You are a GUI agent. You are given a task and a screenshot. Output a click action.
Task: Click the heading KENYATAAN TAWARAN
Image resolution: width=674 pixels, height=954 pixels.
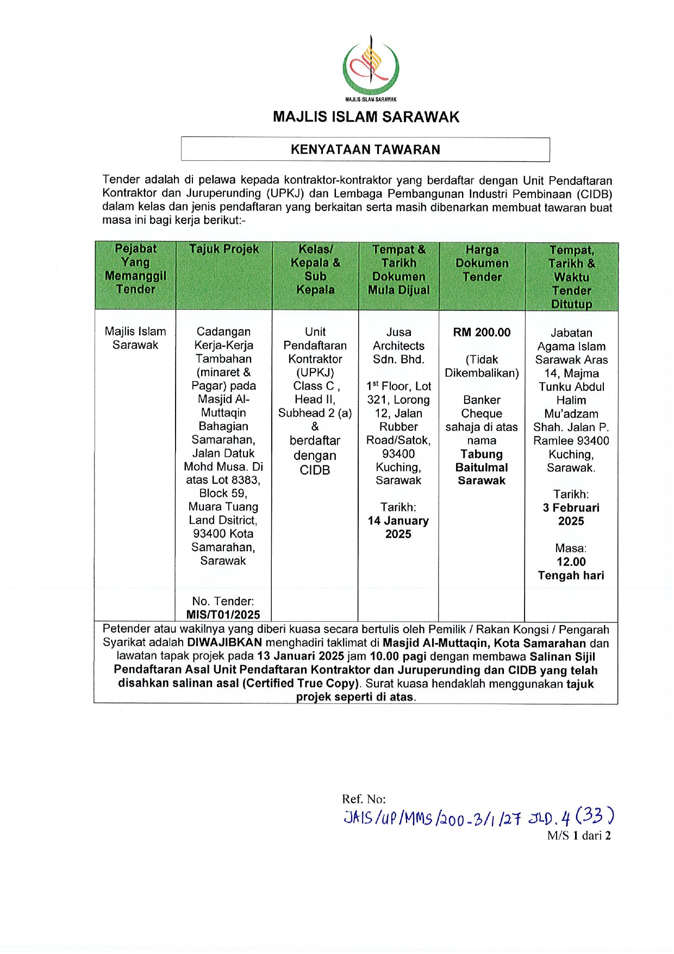tap(365, 149)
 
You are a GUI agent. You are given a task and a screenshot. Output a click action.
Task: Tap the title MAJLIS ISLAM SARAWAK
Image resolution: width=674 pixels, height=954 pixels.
tap(366, 117)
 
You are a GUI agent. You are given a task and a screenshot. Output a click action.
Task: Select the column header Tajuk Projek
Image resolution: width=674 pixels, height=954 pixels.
tap(224, 250)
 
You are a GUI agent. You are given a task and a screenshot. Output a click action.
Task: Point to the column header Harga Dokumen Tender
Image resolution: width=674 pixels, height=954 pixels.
tap(482, 263)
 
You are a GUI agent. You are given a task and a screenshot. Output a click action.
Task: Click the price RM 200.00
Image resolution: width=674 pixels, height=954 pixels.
tap(482, 332)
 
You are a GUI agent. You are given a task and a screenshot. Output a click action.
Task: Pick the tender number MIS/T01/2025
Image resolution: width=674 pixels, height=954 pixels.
tap(223, 615)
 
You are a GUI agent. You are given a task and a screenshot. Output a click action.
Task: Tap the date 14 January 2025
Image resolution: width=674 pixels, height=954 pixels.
tap(398, 527)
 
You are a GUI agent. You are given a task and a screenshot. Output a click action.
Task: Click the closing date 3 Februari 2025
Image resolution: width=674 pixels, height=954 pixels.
tap(571, 514)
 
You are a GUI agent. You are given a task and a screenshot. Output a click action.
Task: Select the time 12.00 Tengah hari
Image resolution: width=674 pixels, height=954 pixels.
tap(571, 569)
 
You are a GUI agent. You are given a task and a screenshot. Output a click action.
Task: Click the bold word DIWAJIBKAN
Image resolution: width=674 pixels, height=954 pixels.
tap(224, 643)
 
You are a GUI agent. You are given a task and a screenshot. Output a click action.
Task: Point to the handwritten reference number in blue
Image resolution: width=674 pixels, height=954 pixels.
tap(479, 818)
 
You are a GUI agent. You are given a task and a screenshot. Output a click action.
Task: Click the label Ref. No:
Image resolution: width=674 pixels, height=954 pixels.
tap(364, 799)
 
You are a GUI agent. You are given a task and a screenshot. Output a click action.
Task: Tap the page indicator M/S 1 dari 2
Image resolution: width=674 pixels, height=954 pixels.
tap(579, 836)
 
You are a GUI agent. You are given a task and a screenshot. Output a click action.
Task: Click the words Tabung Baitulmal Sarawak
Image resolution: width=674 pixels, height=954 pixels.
tap(482, 467)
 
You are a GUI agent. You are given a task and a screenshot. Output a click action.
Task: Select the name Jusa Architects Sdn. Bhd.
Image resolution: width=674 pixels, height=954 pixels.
tap(398, 346)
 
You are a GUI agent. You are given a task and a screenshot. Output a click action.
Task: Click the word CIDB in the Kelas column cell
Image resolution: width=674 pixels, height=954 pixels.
tap(315, 470)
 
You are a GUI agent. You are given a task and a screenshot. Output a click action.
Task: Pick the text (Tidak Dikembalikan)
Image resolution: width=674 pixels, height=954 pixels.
tap(482, 366)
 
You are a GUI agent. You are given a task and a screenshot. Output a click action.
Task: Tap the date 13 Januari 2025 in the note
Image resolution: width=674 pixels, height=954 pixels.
tap(301, 656)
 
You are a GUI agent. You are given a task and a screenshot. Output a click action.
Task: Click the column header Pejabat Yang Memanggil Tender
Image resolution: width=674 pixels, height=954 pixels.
tap(135, 269)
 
